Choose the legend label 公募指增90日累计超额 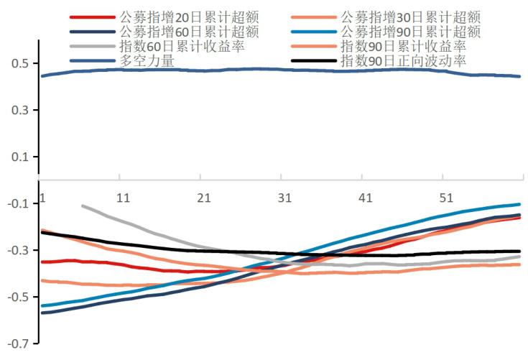click(x=410, y=32)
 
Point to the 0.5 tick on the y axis click(x=19, y=63)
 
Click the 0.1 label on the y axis click(x=19, y=157)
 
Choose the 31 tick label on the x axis click(x=284, y=198)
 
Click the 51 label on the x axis click(x=446, y=198)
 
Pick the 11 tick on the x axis click(x=123, y=198)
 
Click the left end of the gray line click(x=83, y=206)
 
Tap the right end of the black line click(x=519, y=251)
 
